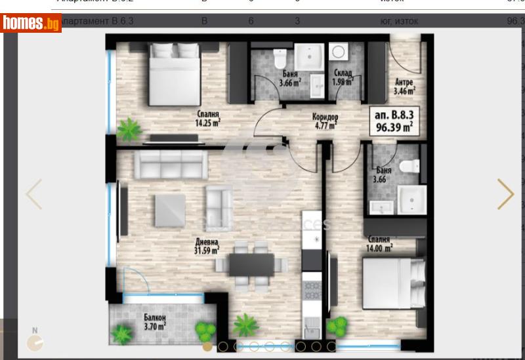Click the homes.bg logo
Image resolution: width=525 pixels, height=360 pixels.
pos(31,24)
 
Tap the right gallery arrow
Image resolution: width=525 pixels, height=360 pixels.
pos(505,194)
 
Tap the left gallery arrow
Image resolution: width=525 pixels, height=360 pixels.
pos(33,194)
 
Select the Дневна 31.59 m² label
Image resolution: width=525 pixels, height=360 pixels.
pos(206,244)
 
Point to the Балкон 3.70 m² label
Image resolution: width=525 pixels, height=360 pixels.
pos(155,321)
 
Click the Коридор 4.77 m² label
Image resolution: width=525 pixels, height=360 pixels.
pos(325,121)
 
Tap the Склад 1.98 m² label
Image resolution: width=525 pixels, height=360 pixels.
pos(343,77)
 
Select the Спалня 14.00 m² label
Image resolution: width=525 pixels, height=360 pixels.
pos(380,244)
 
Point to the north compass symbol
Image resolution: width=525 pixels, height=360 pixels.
pos(35,340)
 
